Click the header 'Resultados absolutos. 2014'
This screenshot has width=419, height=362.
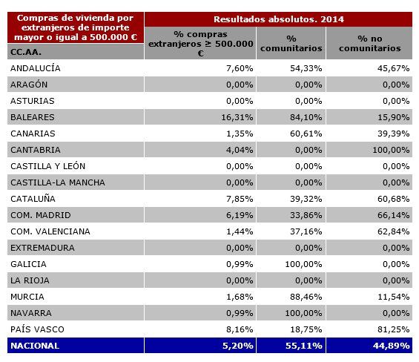[280, 19]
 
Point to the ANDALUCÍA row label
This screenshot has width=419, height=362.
[36, 68]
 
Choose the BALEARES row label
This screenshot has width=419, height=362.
[32, 117]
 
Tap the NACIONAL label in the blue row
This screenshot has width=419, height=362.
[34, 346]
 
